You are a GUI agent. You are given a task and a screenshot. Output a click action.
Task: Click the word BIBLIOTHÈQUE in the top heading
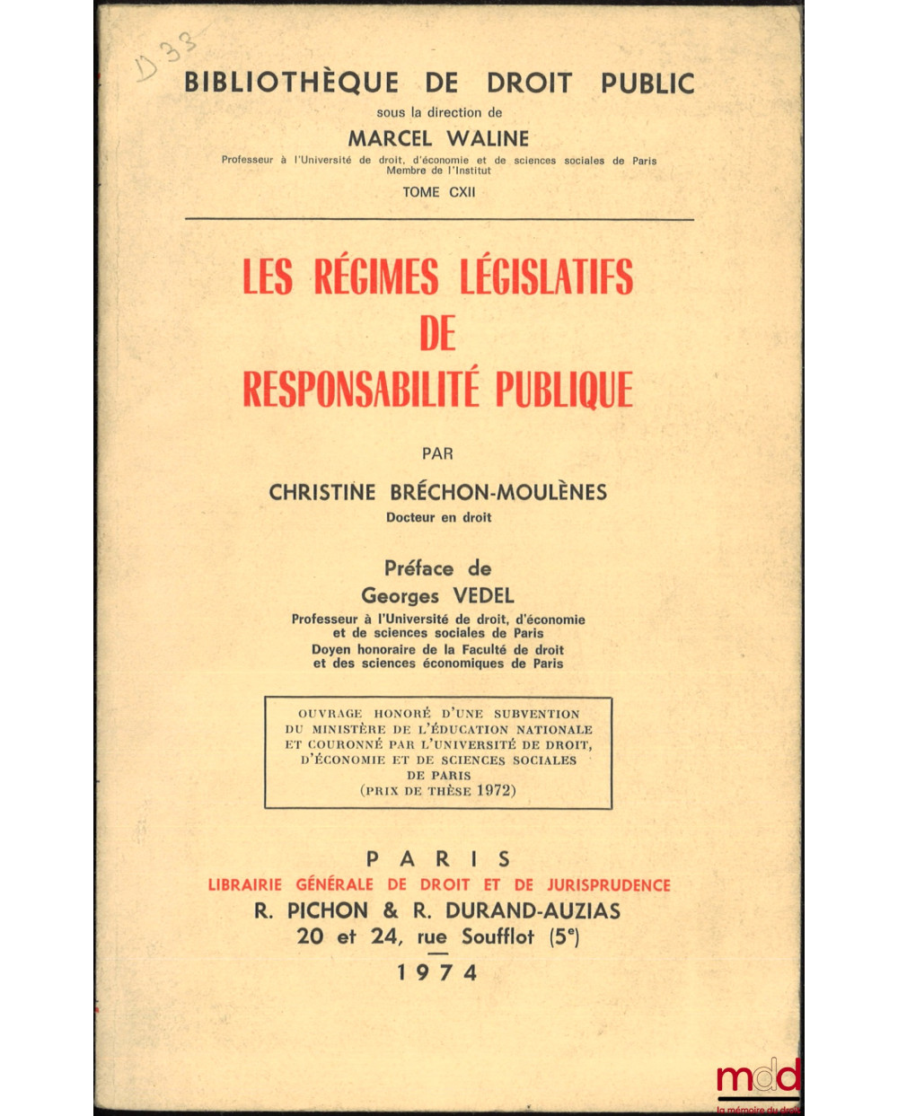click(x=292, y=83)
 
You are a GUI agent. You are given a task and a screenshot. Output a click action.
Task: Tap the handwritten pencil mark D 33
click(x=166, y=56)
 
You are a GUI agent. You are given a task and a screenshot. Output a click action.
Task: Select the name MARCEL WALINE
click(x=438, y=138)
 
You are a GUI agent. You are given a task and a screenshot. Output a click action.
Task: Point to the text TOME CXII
click(x=439, y=192)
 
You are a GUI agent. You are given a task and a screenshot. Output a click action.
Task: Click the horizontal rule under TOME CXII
click(x=439, y=219)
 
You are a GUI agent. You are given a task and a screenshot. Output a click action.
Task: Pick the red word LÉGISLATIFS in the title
click(x=546, y=277)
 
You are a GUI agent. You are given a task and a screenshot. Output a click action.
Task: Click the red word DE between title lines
click(x=438, y=334)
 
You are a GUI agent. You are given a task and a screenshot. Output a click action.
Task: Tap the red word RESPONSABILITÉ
click(x=365, y=390)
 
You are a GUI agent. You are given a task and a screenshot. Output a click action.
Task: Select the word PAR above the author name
click(x=438, y=453)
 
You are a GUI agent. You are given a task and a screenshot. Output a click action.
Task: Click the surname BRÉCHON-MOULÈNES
click(x=499, y=492)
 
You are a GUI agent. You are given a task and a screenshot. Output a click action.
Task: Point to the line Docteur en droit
click(x=438, y=517)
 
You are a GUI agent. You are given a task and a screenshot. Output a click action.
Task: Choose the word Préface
click(x=419, y=568)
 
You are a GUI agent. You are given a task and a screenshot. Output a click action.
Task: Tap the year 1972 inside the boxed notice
click(x=496, y=791)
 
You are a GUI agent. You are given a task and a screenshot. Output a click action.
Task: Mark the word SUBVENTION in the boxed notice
click(x=537, y=714)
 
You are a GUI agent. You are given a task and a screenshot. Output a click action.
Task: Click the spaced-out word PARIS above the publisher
click(x=438, y=859)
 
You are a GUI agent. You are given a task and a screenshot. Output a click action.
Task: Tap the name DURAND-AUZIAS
click(x=533, y=910)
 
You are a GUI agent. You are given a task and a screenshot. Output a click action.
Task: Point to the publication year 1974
click(x=438, y=973)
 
